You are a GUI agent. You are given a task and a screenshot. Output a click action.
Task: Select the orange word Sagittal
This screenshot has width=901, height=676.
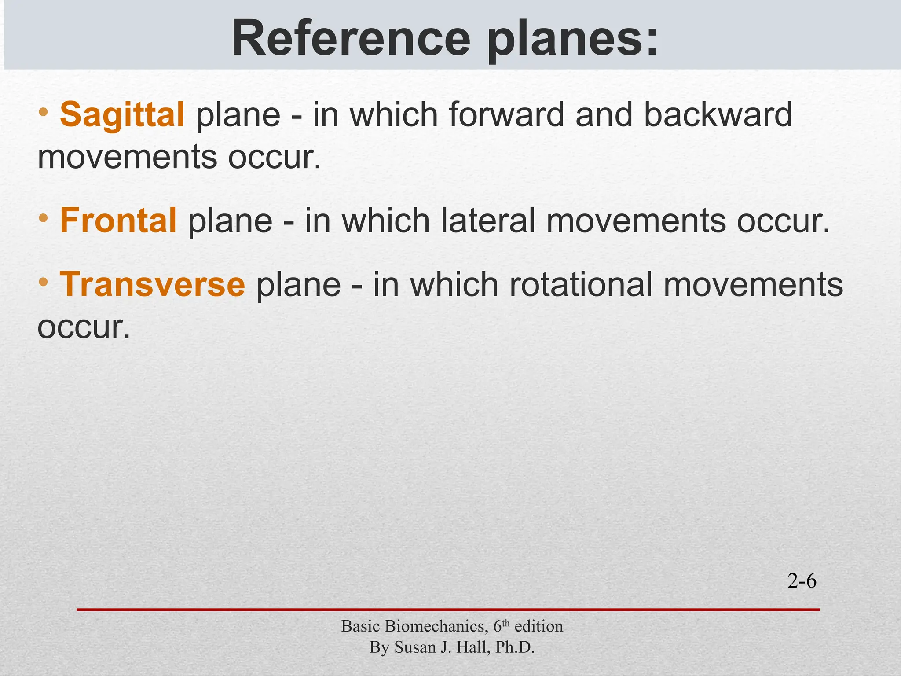pos(122,114)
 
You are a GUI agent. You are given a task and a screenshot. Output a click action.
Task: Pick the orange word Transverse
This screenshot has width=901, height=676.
pos(152,284)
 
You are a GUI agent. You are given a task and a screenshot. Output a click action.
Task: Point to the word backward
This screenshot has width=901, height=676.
pos(718,114)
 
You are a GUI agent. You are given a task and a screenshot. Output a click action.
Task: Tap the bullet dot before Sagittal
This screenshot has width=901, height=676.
pos(43,112)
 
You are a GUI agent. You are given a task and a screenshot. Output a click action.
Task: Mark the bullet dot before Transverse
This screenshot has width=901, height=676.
pos(43,282)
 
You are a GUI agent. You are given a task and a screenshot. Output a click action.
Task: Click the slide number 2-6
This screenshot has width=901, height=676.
pos(802,582)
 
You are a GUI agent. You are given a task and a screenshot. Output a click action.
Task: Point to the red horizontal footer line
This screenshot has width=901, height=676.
pos(448,610)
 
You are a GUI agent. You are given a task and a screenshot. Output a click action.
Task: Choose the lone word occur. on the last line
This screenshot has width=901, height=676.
pos(84,328)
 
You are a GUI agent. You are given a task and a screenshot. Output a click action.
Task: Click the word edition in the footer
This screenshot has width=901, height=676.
pos(538,626)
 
